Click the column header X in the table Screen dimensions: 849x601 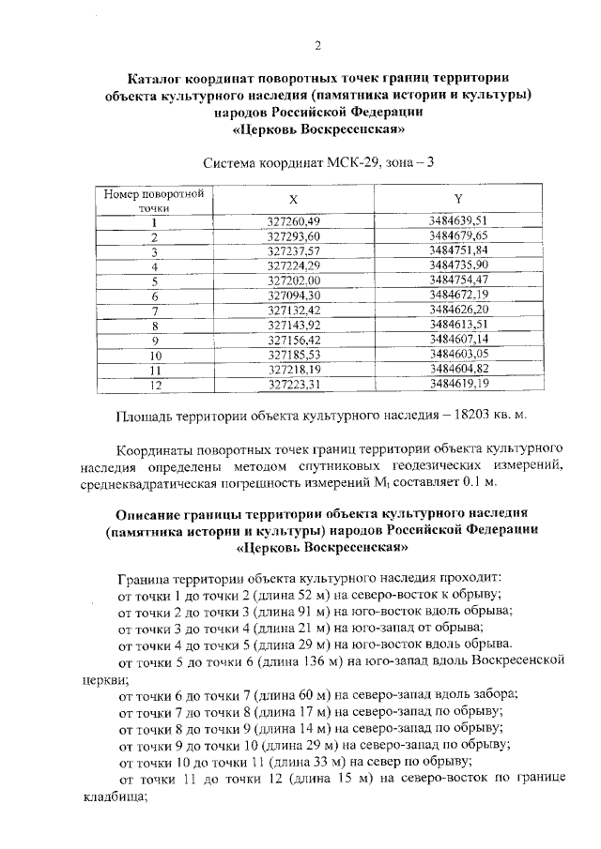coord(293,200)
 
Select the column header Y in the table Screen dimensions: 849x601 coord(457,200)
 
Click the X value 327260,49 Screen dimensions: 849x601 coord(294,221)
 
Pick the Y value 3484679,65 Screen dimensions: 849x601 coord(458,236)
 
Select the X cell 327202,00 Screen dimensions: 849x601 coord(294,280)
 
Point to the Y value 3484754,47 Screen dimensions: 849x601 coord(458,280)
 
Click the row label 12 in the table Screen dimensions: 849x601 coord(154,385)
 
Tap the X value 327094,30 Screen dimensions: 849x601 coord(294,296)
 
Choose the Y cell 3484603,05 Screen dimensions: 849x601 coord(458,356)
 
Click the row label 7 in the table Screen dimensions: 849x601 coord(154,311)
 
